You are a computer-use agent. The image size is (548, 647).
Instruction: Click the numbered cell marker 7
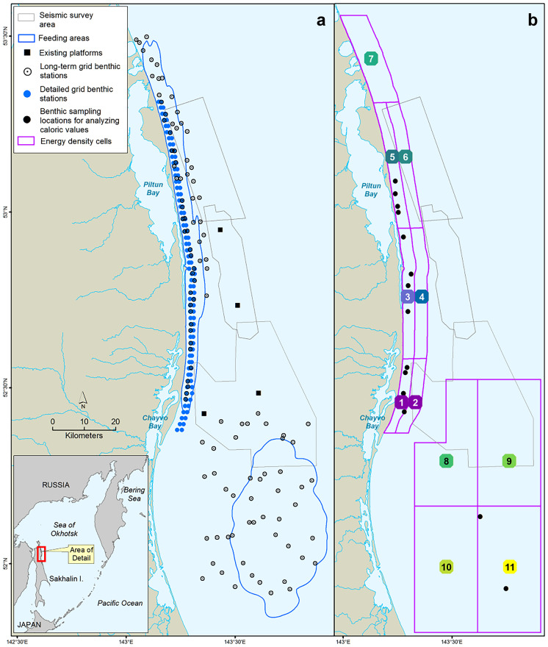(372, 59)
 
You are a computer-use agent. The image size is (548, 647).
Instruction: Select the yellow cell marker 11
(510, 567)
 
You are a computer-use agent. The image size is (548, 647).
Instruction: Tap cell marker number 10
(446, 567)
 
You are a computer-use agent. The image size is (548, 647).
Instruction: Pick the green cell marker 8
(446, 461)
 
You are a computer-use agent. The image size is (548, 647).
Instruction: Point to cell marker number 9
(509, 461)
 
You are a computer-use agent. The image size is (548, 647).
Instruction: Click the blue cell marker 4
(421, 296)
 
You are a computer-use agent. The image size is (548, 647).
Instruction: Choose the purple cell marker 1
(401, 402)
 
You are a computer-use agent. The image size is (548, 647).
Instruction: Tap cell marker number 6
(405, 156)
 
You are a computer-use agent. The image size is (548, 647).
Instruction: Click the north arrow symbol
(83, 399)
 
